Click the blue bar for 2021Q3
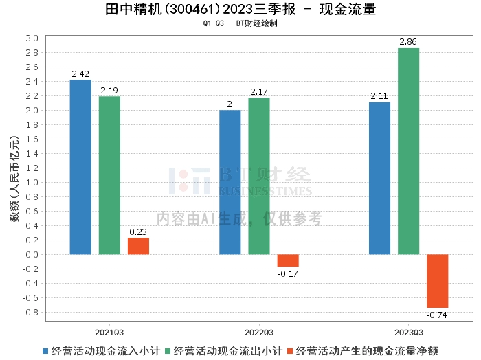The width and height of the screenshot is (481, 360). (x=80, y=167)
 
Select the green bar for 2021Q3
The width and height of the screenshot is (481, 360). (x=109, y=175)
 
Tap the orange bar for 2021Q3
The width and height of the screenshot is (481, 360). (x=138, y=246)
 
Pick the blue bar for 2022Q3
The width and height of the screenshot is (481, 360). (x=230, y=182)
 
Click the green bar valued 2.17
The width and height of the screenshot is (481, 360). (x=259, y=176)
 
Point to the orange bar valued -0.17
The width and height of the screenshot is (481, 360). (x=288, y=260)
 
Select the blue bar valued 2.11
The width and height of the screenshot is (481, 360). (x=379, y=178)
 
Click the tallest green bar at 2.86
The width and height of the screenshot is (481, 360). (x=409, y=151)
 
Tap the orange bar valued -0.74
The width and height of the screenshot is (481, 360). (x=438, y=281)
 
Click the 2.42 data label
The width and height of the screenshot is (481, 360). (x=80, y=74)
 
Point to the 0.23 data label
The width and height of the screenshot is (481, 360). (x=138, y=232)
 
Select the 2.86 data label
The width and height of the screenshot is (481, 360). (x=408, y=42)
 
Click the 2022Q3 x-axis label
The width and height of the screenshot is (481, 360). (x=259, y=333)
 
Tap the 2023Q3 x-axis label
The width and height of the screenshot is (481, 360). (x=409, y=333)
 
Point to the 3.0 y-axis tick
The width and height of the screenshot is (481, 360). (x=32, y=38)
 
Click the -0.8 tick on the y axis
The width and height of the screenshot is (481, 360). (x=31, y=312)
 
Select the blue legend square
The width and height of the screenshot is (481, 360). (x=45, y=351)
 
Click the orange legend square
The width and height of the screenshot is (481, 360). (x=290, y=351)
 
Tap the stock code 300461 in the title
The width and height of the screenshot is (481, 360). (x=192, y=10)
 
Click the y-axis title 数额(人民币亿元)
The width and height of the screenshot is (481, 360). (x=14, y=179)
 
